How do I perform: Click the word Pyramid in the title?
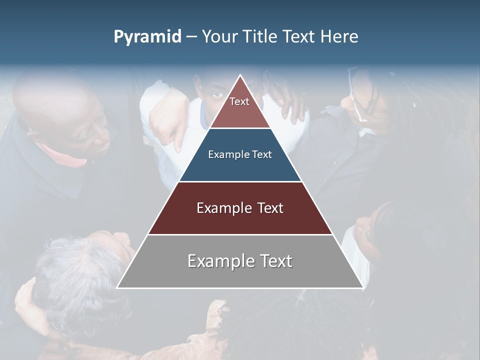tap(147, 36)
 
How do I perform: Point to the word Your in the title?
tap(219, 36)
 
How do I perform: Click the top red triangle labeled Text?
tap(239, 107)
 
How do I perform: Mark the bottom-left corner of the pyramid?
tap(117, 287)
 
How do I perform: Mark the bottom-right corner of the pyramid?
tap(362, 287)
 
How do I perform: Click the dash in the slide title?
tap(191, 36)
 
